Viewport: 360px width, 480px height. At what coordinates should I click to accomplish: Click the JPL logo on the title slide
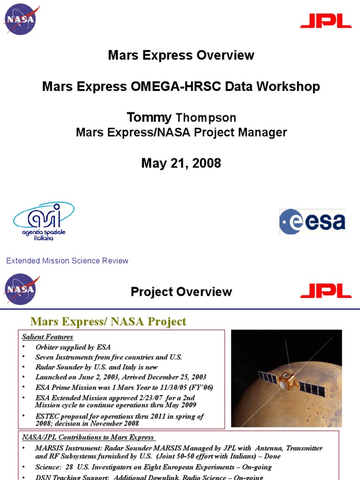click(x=326, y=21)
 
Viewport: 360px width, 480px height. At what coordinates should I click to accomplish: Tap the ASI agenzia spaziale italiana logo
click(x=43, y=221)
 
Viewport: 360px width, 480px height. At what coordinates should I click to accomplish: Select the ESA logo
click(x=312, y=222)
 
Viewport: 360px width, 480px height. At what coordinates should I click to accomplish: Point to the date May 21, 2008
click(x=181, y=163)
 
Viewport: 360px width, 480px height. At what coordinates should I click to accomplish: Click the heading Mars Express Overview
click(x=181, y=55)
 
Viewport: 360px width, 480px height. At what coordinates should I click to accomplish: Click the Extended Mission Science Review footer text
click(x=67, y=261)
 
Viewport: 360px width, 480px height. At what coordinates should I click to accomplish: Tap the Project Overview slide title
click(x=181, y=292)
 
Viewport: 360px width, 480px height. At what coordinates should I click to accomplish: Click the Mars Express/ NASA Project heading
click(x=108, y=322)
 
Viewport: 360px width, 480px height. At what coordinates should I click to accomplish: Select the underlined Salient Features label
click(x=47, y=337)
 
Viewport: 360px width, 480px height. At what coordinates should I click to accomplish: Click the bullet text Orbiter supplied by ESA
click(x=73, y=347)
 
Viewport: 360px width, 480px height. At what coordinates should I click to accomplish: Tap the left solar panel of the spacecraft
click(x=268, y=377)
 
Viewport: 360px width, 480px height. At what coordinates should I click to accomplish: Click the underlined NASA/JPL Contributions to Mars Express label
click(x=89, y=437)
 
